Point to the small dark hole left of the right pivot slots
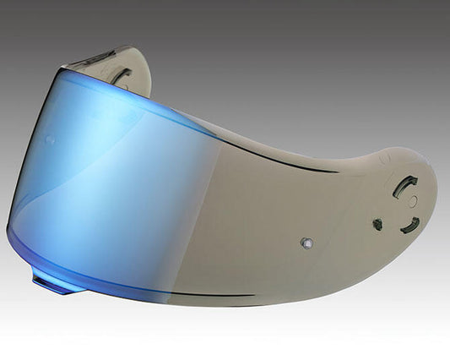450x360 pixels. pyautogui.click(x=377, y=225)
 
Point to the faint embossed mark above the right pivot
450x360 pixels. pyautogui.click(x=384, y=158)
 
